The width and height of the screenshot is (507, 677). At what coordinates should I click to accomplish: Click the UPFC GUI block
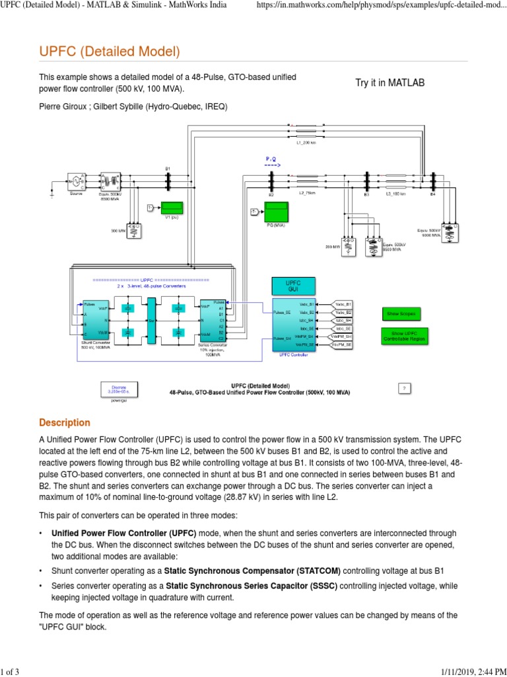[x=292, y=286]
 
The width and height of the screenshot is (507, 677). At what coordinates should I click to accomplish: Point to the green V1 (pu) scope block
[x=172, y=208]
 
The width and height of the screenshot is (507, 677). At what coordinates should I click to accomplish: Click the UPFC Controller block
[x=293, y=325]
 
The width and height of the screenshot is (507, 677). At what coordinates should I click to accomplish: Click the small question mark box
[x=406, y=389]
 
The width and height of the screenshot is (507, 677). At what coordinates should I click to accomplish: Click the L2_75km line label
[x=308, y=194]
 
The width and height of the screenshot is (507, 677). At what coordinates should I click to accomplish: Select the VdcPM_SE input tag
[x=341, y=344]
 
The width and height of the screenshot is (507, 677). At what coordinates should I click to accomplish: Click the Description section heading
[x=64, y=422]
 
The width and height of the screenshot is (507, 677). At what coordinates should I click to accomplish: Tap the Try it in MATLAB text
[x=390, y=83]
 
